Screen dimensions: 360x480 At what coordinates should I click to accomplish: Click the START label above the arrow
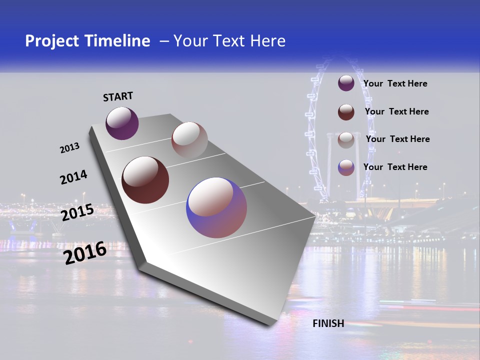point(118,96)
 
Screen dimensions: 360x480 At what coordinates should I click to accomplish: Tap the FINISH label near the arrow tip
point(328,323)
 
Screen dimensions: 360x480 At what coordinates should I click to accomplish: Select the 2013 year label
point(69,147)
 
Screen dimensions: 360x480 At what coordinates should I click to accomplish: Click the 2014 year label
point(73,177)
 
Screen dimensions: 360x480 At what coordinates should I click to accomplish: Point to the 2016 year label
point(85,252)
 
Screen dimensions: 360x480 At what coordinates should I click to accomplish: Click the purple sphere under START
point(122,123)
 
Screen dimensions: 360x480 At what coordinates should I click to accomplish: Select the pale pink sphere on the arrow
point(189,140)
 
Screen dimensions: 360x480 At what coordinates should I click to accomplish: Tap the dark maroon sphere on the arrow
point(145,180)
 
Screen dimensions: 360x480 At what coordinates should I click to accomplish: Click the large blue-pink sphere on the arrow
point(216,207)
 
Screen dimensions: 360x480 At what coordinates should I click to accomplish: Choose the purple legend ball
point(346,83)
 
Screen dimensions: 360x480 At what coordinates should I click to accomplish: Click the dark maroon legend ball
point(346,111)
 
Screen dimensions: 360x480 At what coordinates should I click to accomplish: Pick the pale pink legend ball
point(346,139)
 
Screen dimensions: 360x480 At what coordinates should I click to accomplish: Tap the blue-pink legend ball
point(346,167)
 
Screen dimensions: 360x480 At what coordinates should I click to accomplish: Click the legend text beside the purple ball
point(395,83)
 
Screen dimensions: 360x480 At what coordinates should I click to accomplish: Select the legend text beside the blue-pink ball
point(395,167)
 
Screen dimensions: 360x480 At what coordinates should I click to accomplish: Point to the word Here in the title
point(267,41)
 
